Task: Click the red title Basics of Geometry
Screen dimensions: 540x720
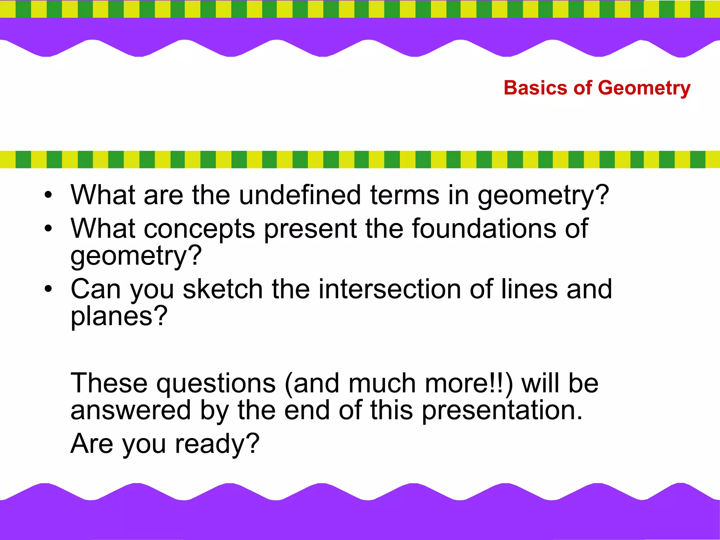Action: pos(597,88)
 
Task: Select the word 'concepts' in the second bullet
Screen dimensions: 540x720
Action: pos(199,229)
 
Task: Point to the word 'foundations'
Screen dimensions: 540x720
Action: pos(483,229)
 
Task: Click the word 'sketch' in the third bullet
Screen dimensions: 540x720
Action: pos(223,289)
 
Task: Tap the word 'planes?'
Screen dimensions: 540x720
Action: pos(119,316)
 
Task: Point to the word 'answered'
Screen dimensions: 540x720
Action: pos(130,411)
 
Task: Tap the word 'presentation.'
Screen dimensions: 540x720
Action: pos(502,411)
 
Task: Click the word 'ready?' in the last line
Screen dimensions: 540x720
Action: pos(217,444)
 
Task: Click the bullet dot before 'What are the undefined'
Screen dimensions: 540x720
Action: pos(48,195)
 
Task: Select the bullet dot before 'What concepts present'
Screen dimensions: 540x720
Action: pos(48,229)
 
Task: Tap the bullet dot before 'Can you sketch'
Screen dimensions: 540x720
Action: pos(48,289)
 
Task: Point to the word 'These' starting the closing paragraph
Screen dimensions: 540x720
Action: pos(109,383)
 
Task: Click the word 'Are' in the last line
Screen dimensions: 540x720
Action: pos(92,444)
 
